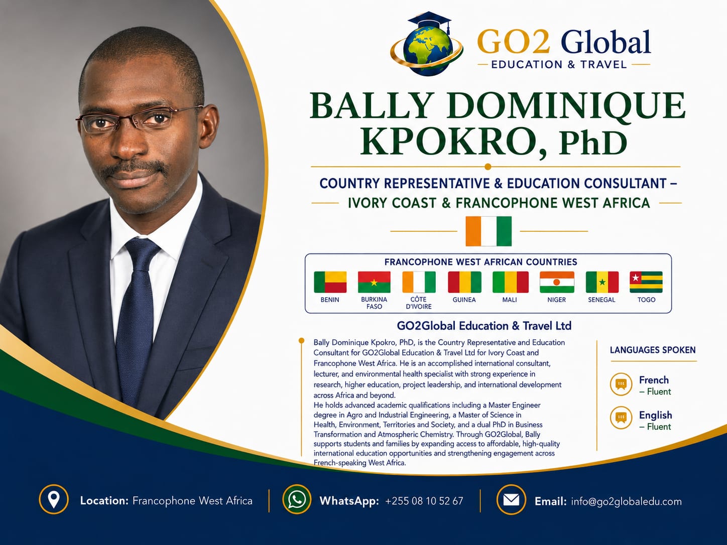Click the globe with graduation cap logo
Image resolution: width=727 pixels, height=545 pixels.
427,44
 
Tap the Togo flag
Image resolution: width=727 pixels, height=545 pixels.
646,282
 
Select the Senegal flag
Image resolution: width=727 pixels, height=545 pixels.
602,282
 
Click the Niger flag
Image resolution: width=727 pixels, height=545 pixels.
557,282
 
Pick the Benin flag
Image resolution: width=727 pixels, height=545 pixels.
330,282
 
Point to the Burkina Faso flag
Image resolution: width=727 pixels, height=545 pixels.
374,282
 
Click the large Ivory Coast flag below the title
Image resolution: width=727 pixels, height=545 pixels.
488,231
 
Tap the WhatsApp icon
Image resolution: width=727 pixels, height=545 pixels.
297,499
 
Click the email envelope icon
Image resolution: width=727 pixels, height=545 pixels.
511,499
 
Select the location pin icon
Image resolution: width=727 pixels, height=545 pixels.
54,499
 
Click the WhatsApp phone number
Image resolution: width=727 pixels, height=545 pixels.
424,501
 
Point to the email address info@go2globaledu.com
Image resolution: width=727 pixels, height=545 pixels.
626,502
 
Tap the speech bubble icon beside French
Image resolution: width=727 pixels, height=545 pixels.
621,384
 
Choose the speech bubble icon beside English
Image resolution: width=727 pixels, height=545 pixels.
621,418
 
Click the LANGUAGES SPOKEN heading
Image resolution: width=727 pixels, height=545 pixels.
653,350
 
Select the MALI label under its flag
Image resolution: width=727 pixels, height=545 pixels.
510,300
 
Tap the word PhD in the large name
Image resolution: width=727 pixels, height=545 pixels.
593,143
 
